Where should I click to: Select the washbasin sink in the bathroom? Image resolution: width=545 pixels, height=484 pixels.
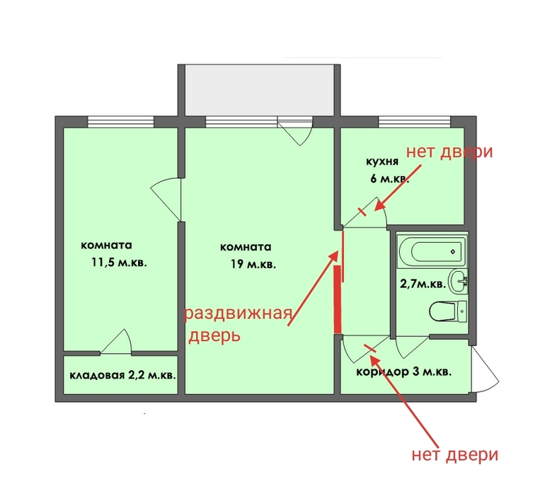459,281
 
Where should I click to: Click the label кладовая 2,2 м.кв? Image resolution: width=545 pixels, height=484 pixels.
122,376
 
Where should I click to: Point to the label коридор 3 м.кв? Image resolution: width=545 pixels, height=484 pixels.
404,372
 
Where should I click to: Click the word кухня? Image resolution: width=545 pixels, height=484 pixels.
382,162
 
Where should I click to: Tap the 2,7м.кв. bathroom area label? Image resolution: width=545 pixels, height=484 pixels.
423,284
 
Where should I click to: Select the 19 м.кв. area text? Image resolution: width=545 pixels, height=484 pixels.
253,265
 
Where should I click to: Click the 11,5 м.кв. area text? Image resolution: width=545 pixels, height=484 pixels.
119,262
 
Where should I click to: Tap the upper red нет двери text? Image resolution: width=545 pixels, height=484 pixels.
449,151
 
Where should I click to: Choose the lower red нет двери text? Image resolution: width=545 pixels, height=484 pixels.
455,455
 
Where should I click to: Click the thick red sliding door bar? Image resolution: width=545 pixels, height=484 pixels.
338,299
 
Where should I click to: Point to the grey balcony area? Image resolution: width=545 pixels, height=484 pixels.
259,91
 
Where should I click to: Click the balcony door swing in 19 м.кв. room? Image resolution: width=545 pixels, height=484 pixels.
294,132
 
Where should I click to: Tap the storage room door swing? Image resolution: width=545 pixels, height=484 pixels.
116,342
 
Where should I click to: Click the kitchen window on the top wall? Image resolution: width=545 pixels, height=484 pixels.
414,122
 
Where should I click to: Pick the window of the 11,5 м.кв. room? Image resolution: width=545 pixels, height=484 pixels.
120,122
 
